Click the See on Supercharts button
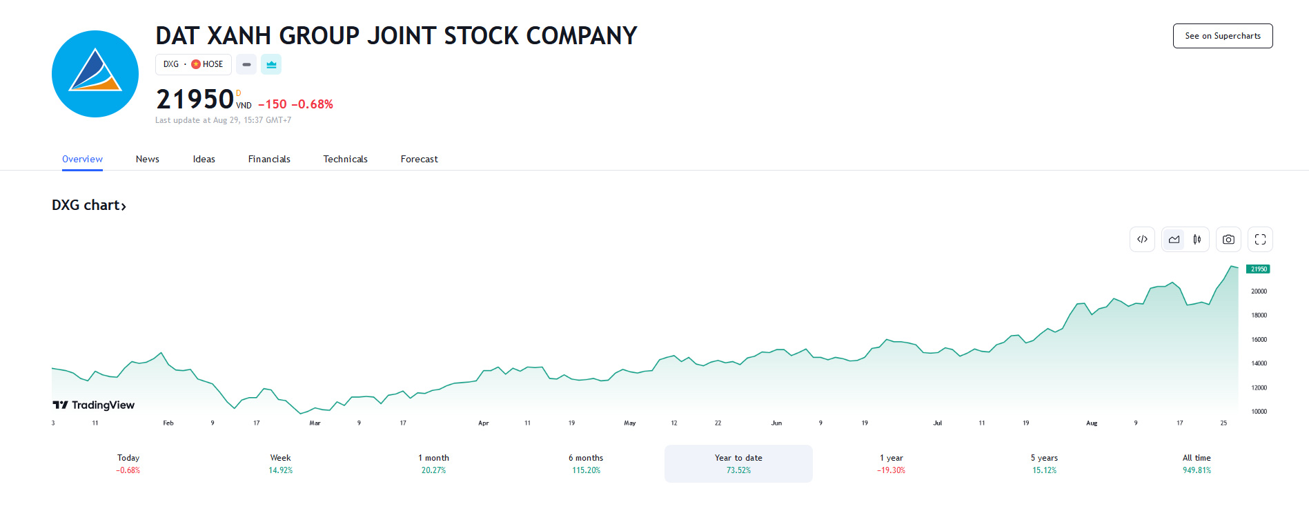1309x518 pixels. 1222,36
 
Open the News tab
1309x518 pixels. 147,159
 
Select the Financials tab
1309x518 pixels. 269,159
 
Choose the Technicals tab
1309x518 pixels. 345,159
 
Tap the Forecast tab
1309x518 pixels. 419,159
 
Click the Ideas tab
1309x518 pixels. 204,159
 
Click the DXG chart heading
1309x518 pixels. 88,205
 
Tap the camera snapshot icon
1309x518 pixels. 1228,240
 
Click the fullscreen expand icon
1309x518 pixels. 1260,240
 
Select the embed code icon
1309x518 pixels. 1142,240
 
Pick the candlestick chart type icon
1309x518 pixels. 1197,240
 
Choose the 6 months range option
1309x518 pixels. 586,463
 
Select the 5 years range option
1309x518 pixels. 1044,463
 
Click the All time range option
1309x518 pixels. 1197,463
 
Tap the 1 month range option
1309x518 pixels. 433,463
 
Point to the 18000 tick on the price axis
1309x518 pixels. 1259,316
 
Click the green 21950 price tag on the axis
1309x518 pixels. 1259,269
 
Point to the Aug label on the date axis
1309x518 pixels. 1091,423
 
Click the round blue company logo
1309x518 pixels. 95,74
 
